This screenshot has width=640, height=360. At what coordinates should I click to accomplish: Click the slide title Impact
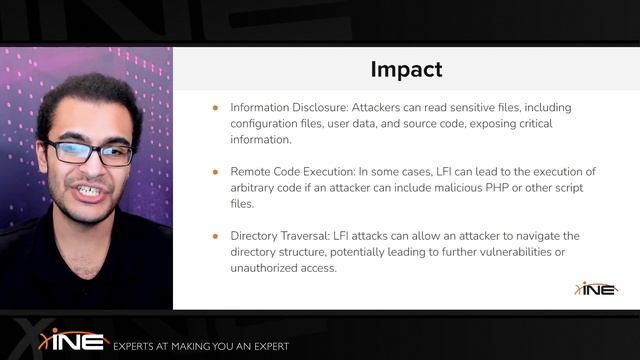coord(406,69)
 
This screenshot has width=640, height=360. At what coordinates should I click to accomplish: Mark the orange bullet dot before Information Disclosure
coord(214,107)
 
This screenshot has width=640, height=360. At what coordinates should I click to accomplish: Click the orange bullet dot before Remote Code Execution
coord(214,171)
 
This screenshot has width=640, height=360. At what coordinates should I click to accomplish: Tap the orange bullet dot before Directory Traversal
coord(214,236)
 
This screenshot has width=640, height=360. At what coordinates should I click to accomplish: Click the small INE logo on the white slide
coord(596,289)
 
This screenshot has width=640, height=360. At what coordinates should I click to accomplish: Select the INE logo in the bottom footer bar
coord(73,340)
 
